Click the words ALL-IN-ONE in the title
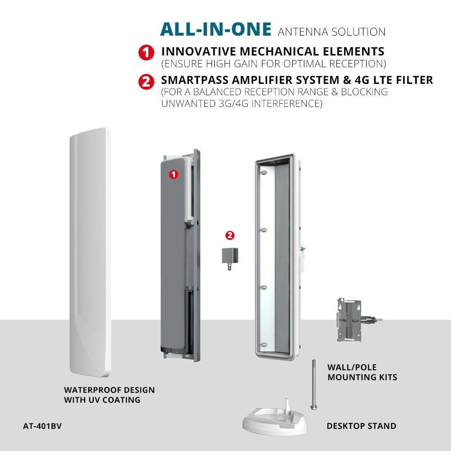tap(216, 29)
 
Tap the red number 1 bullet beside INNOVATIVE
tap(144, 52)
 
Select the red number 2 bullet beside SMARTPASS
tap(144, 82)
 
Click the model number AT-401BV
tap(42, 425)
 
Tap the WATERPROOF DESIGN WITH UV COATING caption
tap(109, 395)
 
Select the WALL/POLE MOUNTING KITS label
tap(362, 372)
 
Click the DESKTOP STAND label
tap(361, 426)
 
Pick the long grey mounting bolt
tap(311, 383)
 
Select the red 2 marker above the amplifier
tap(230, 235)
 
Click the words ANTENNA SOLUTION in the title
tap(332, 32)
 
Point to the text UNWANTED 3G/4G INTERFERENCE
tap(242, 103)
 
